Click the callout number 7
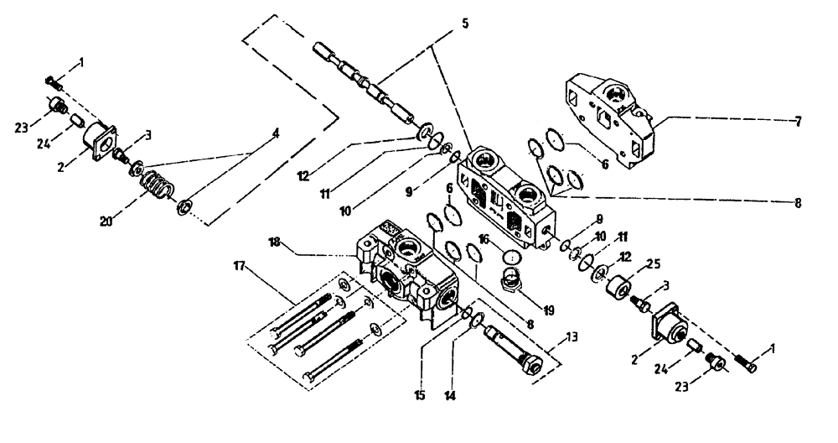(x=798, y=122)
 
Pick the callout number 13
(x=572, y=336)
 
